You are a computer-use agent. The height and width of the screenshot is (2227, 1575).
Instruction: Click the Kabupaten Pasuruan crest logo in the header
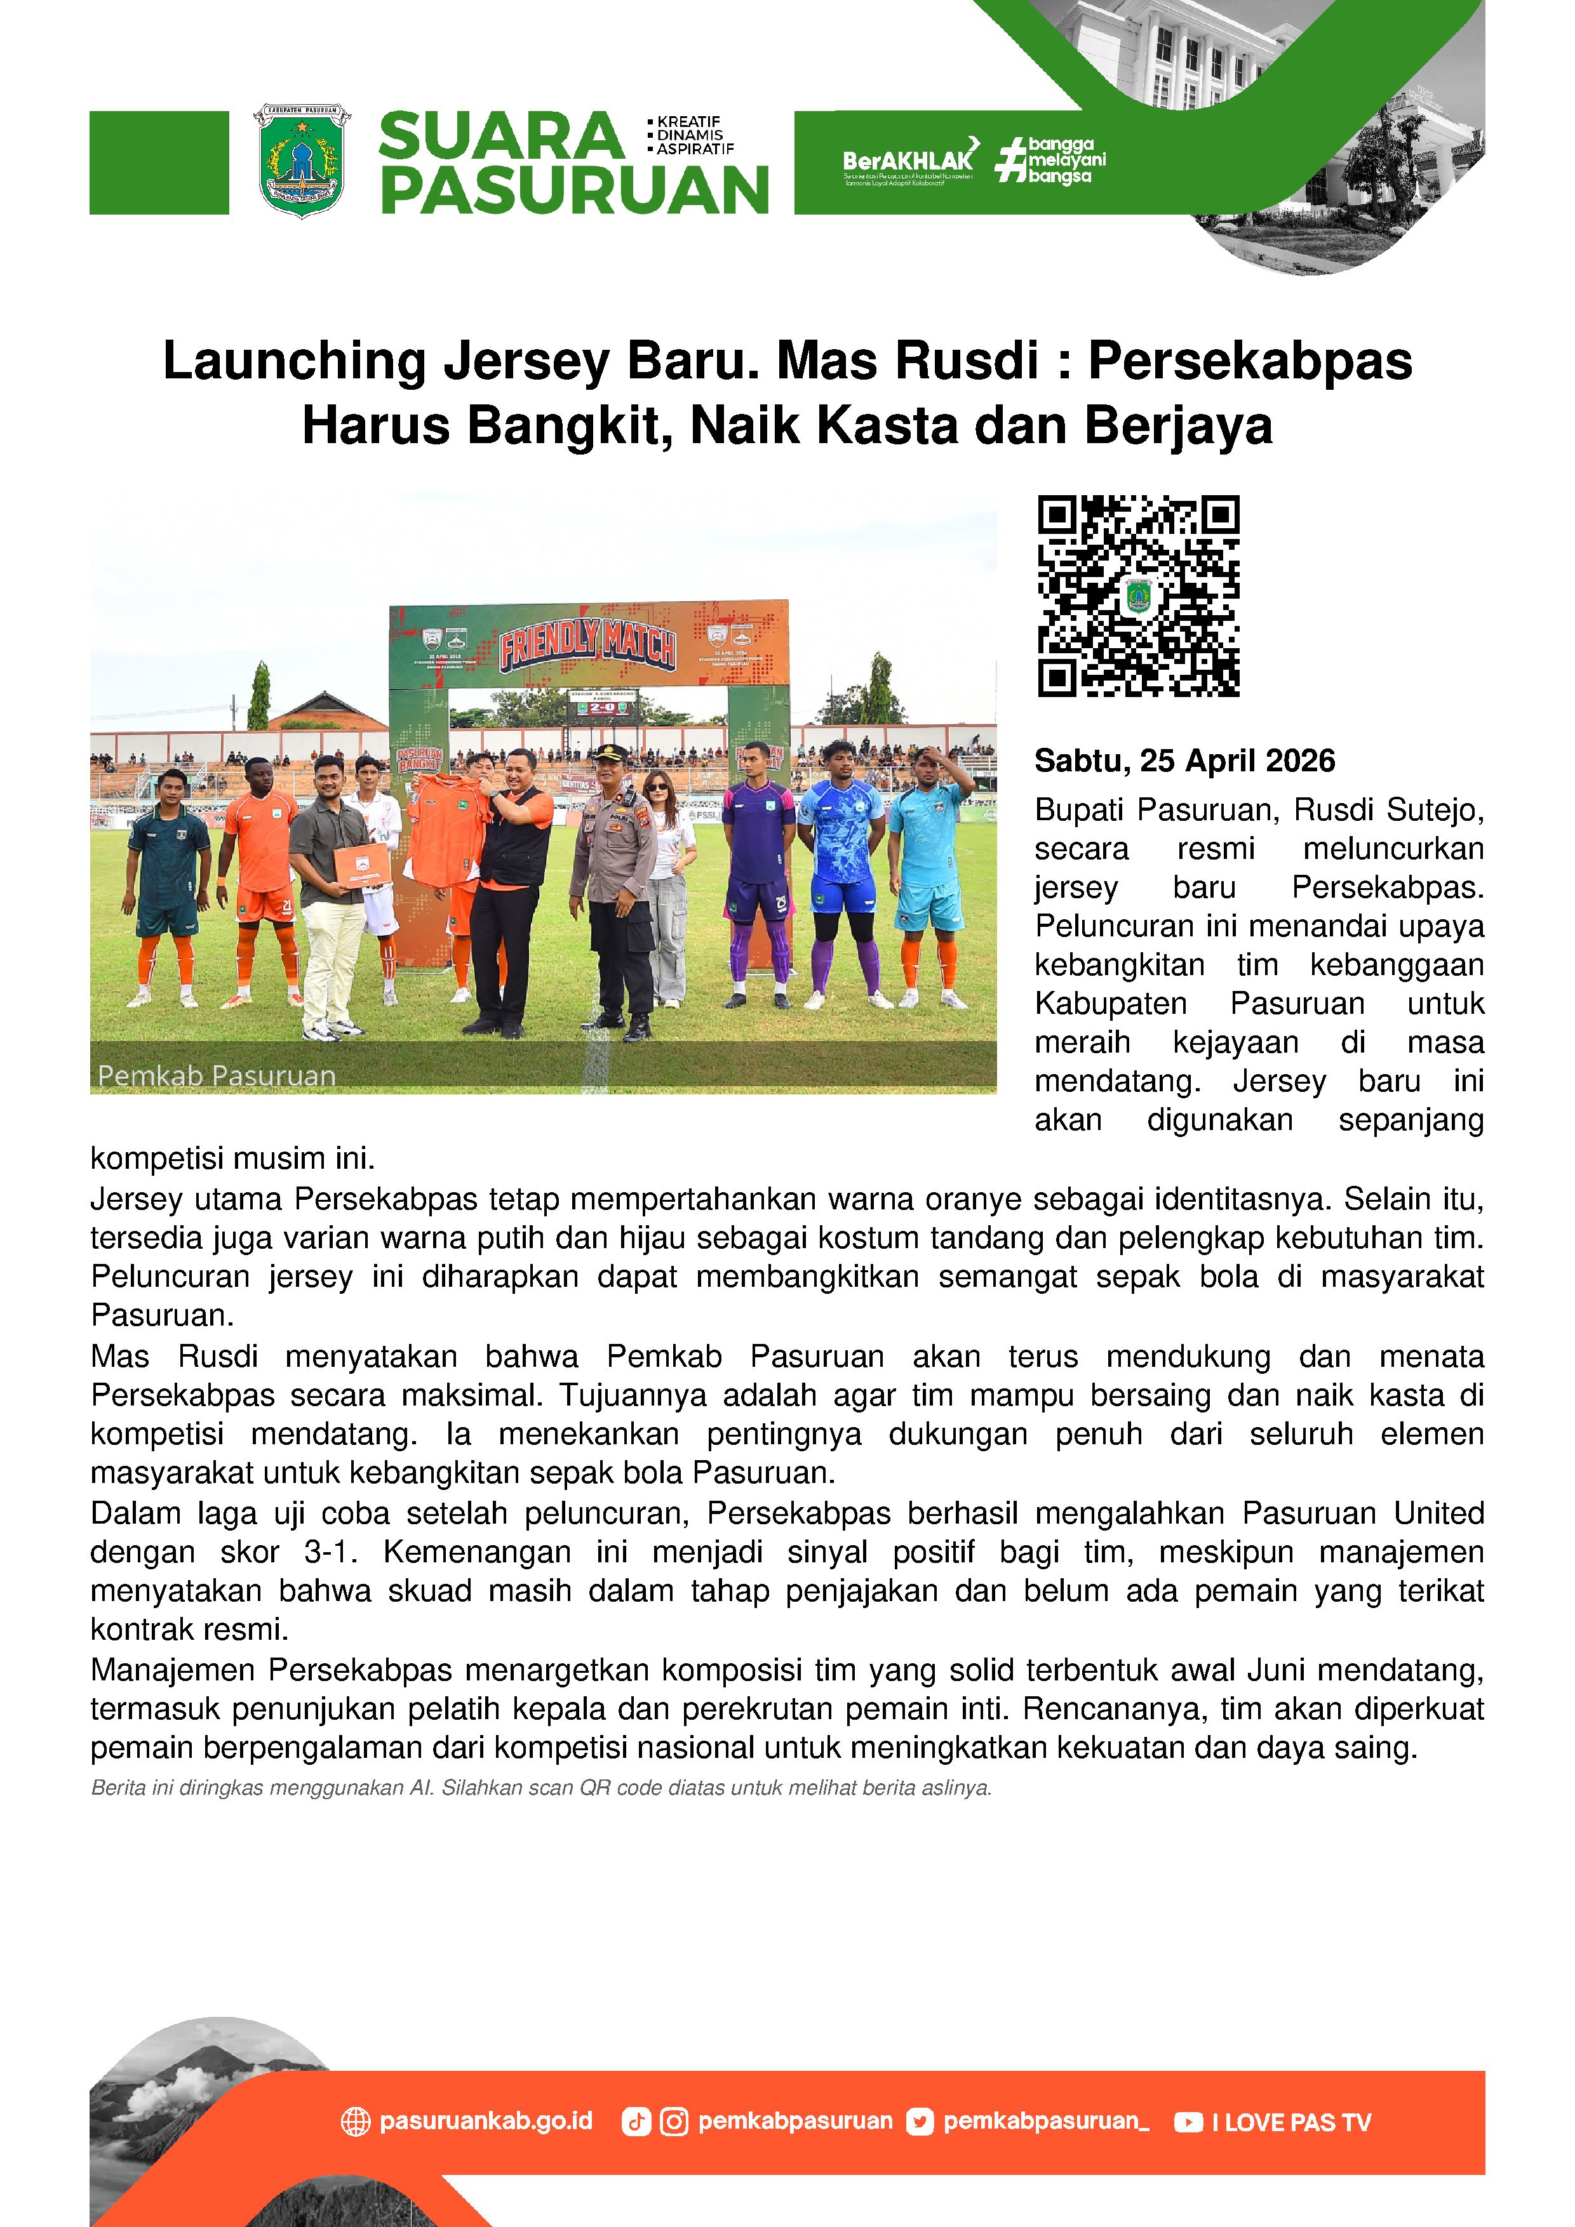coord(302,160)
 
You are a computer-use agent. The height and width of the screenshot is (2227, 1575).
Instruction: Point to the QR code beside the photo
coord(1138,595)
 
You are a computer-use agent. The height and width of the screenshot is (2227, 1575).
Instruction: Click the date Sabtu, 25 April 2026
coord(1184,761)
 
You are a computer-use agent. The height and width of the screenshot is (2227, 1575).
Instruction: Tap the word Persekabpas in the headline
coord(1249,361)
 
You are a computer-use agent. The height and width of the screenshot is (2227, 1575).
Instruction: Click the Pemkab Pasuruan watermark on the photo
coord(217,1075)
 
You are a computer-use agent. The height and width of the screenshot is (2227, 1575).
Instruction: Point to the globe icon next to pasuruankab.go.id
coord(356,2122)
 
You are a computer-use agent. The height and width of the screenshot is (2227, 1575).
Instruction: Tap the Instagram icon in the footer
coord(673,2122)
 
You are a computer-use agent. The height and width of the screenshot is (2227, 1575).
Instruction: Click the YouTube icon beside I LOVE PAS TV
coord(1188,2122)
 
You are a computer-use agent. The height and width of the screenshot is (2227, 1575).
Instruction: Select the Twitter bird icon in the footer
coord(919,2122)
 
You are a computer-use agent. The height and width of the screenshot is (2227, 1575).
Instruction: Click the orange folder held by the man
coord(362,865)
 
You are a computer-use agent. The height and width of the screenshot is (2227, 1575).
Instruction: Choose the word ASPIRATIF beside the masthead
coord(695,149)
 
